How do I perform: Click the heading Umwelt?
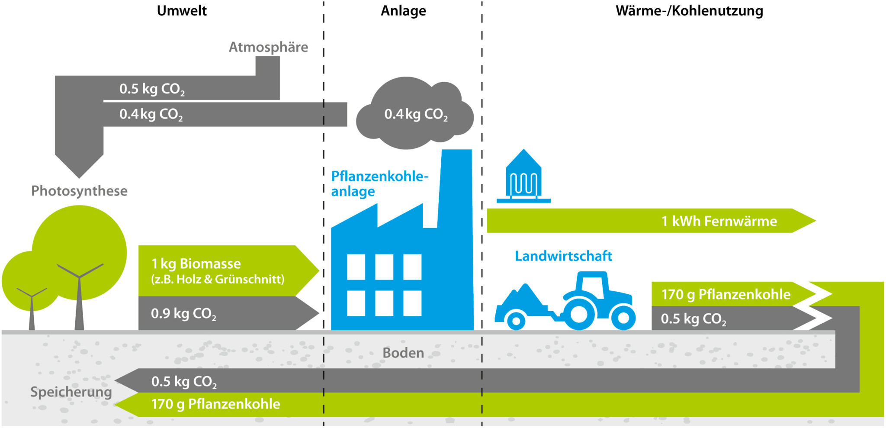click(182, 11)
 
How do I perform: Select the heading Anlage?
click(403, 11)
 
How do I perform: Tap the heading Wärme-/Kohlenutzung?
click(689, 11)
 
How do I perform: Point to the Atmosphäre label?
click(268, 47)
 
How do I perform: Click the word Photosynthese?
click(79, 191)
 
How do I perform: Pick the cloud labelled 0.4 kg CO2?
click(414, 114)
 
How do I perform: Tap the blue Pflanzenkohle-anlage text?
click(379, 184)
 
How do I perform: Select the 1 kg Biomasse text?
click(196, 264)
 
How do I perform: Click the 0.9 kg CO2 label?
click(183, 313)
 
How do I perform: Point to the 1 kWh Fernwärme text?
click(719, 221)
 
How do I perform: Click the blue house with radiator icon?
click(523, 177)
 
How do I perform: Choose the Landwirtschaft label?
click(563, 256)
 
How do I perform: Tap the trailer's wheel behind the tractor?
click(516, 321)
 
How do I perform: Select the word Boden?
click(403, 353)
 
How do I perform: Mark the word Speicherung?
click(71, 392)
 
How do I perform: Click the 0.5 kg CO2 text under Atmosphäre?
click(152, 89)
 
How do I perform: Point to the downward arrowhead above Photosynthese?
click(79, 167)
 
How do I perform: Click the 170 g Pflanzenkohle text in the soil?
click(215, 404)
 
